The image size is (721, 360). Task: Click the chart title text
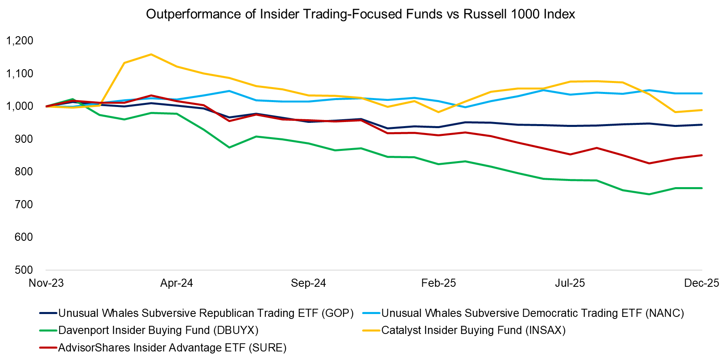coord(360,14)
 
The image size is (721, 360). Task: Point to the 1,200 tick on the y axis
coord(20,41)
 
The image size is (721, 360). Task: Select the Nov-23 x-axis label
coord(46,283)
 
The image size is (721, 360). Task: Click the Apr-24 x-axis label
coord(177,283)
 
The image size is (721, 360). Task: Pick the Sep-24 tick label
coord(308,283)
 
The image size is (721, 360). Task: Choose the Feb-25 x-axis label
coord(439,283)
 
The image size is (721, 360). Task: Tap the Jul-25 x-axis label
coord(570,283)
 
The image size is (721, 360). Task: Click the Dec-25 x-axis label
coord(701,283)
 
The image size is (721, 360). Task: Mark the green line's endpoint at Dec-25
coord(702,188)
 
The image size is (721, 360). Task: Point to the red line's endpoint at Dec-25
coord(702,155)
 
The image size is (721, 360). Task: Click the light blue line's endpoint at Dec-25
coord(702,94)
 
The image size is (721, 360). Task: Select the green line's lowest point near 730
coord(649,194)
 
